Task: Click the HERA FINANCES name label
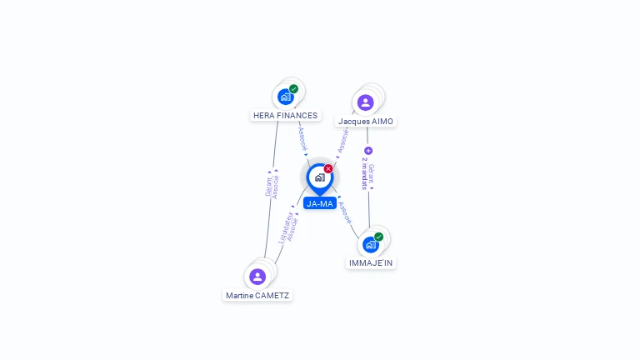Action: pos(285,116)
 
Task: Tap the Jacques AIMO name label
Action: pos(365,122)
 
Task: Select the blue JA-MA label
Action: pos(319,203)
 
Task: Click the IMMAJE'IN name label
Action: pos(371,262)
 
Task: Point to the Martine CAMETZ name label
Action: pos(257,295)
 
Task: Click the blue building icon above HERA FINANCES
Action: pos(286,97)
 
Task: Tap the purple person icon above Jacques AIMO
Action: pos(365,102)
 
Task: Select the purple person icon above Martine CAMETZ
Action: pos(257,276)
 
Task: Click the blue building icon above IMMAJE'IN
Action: pos(370,245)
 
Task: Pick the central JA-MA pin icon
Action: pos(319,177)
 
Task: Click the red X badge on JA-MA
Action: pos(328,169)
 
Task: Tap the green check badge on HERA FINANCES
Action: pos(293,89)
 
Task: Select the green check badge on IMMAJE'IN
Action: pos(378,237)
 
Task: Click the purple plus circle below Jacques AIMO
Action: pos(368,151)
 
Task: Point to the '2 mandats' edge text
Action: pos(364,174)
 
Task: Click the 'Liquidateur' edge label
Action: pos(285,227)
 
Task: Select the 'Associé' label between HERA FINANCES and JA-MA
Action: pos(302,138)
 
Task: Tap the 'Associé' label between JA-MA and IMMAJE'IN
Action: pos(346,212)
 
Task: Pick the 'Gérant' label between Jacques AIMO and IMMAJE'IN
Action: pos(372,174)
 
